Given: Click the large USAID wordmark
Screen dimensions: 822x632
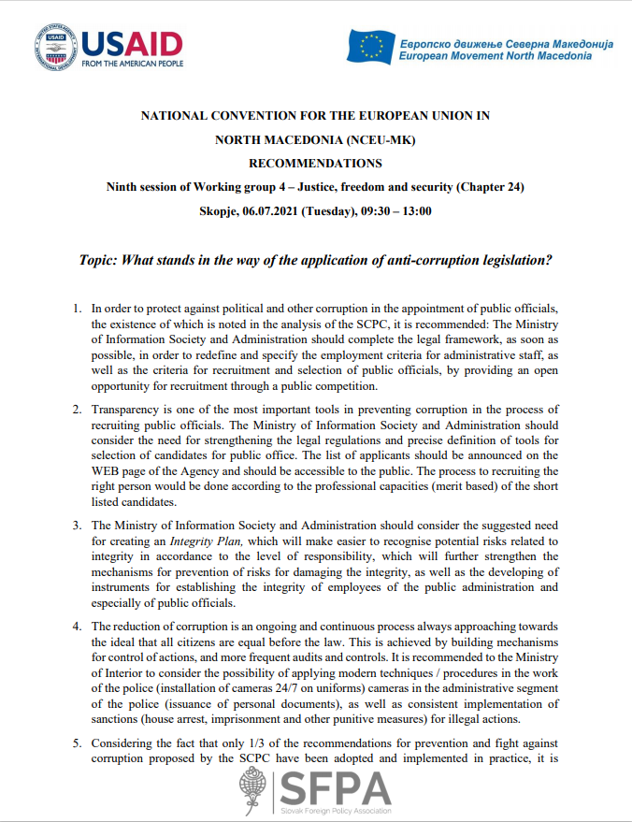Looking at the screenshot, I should (131, 42).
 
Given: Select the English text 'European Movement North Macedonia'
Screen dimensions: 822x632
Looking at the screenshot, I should (495, 56).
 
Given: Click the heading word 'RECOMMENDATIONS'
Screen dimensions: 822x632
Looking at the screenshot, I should (315, 163).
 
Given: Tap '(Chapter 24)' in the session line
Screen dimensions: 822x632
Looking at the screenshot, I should (490, 186).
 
